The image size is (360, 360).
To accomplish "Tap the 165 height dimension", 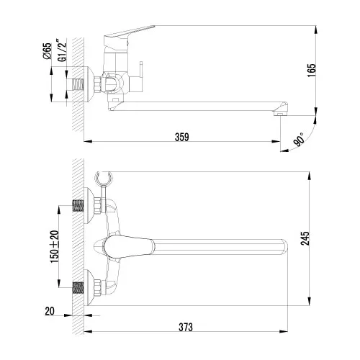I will [330, 73].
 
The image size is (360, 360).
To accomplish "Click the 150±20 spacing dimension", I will [51, 247].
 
